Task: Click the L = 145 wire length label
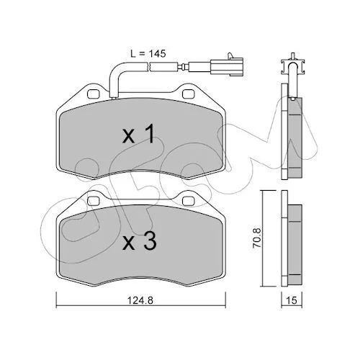click(148, 54)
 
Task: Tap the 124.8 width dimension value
click(140, 300)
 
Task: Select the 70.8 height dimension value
click(256, 238)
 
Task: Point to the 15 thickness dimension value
click(292, 300)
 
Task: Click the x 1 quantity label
click(138, 135)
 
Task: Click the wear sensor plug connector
click(227, 66)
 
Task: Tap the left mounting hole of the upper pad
click(94, 94)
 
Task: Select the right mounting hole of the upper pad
click(189, 94)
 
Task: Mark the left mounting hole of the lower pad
click(94, 201)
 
